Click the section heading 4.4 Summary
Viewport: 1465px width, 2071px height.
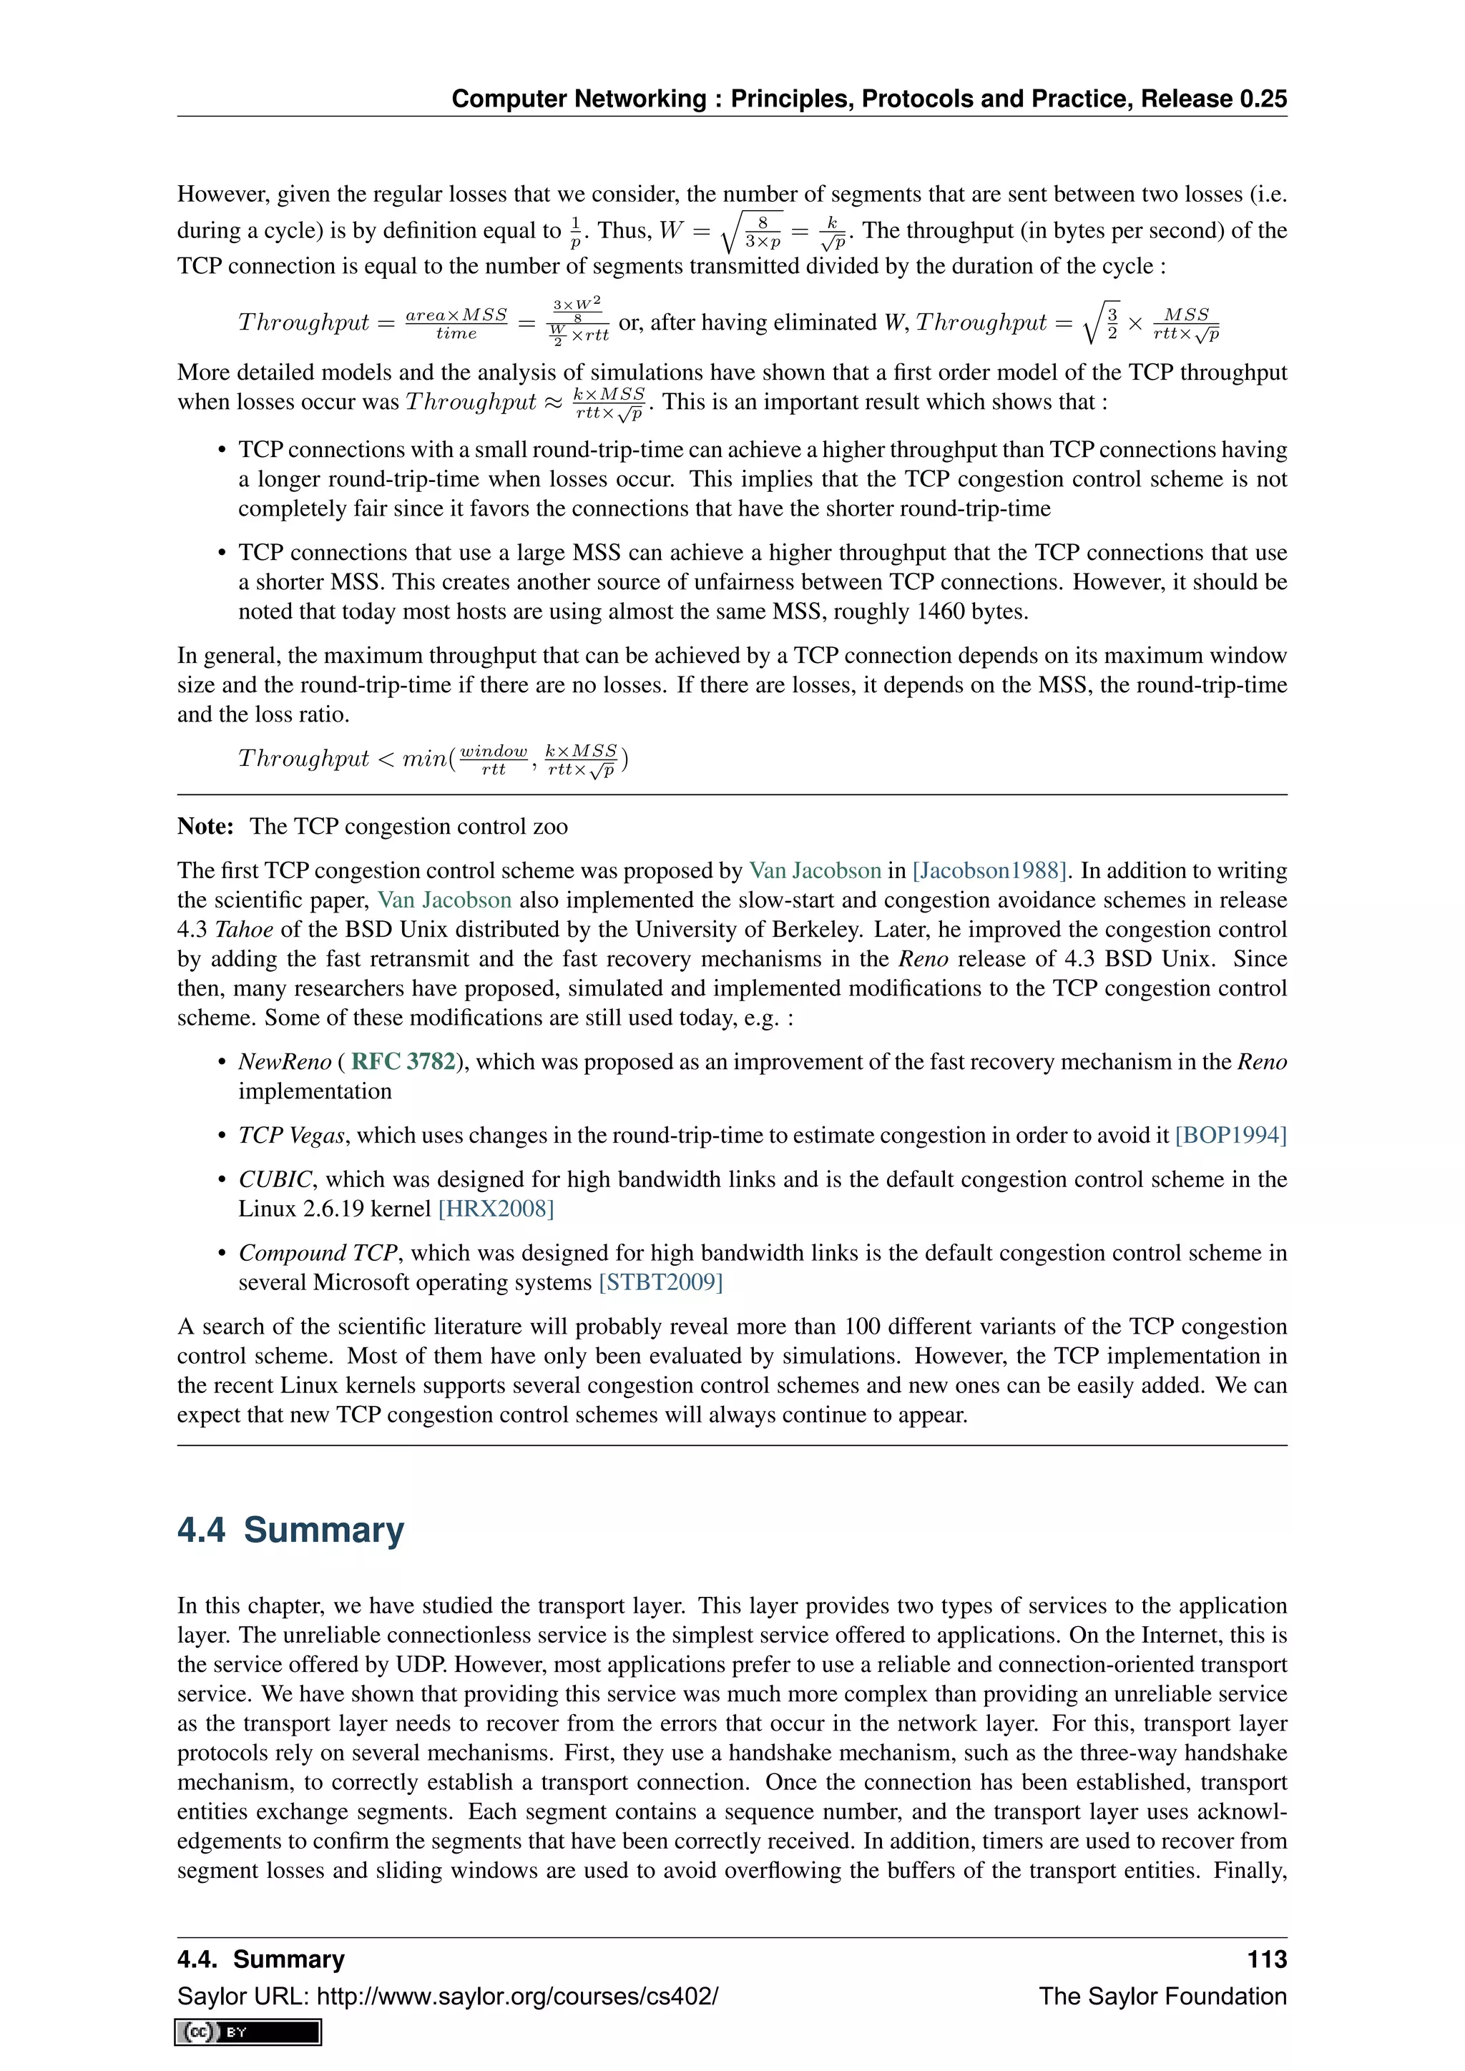[x=290, y=1530]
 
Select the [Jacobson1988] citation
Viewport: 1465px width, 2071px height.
[x=989, y=870]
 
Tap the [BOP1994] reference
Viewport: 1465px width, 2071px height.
[x=1230, y=1135]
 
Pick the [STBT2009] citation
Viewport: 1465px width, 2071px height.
[x=660, y=1283]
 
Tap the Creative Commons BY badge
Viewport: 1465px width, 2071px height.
[x=249, y=2032]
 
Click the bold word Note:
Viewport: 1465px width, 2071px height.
[x=206, y=826]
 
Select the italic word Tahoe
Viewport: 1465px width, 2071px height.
[x=243, y=929]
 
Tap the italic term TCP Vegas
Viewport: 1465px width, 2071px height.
[x=291, y=1135]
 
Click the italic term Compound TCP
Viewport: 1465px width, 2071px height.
[x=318, y=1253]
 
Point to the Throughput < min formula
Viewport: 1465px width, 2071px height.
[x=433, y=759]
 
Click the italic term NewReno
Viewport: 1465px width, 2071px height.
[x=284, y=1062]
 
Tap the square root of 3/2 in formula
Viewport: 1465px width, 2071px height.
[x=1102, y=322]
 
